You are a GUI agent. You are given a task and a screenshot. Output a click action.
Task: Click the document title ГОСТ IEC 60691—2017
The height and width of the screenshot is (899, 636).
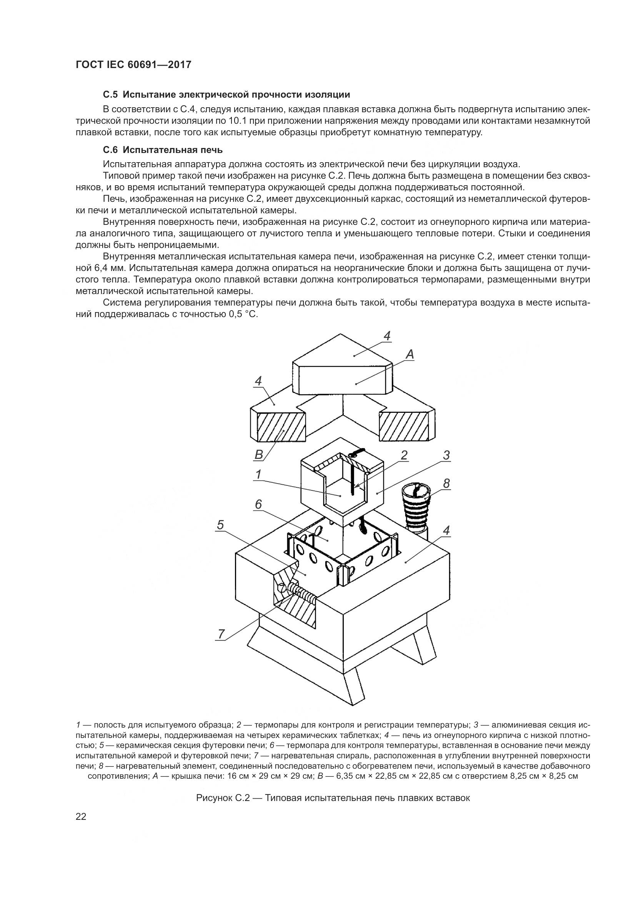coord(133,65)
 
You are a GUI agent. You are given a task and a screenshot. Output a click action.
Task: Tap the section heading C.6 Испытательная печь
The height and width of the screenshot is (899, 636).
coord(163,150)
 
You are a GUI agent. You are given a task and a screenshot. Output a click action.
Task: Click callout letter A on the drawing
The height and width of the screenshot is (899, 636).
coord(410,355)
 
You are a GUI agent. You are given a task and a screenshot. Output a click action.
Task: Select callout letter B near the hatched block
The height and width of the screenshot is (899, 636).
coord(259,455)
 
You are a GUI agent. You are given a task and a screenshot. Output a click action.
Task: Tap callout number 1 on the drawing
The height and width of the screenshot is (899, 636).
coord(258,475)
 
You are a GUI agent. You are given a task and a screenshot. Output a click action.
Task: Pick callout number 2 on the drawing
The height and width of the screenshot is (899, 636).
coord(404,455)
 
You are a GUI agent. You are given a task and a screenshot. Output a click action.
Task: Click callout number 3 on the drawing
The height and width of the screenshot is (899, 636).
coord(446,455)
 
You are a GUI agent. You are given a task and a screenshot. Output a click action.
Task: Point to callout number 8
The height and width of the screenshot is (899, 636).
coord(446,484)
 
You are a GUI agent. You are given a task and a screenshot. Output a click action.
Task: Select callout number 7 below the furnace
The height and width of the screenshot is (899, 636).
coord(221,634)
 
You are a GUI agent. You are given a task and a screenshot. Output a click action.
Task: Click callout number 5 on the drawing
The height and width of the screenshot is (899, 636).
coord(220,525)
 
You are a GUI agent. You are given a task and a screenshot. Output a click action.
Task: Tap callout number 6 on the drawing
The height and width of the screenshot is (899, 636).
coord(258,504)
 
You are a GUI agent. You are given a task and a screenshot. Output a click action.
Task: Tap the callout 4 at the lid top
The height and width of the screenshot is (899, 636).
coord(387,336)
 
